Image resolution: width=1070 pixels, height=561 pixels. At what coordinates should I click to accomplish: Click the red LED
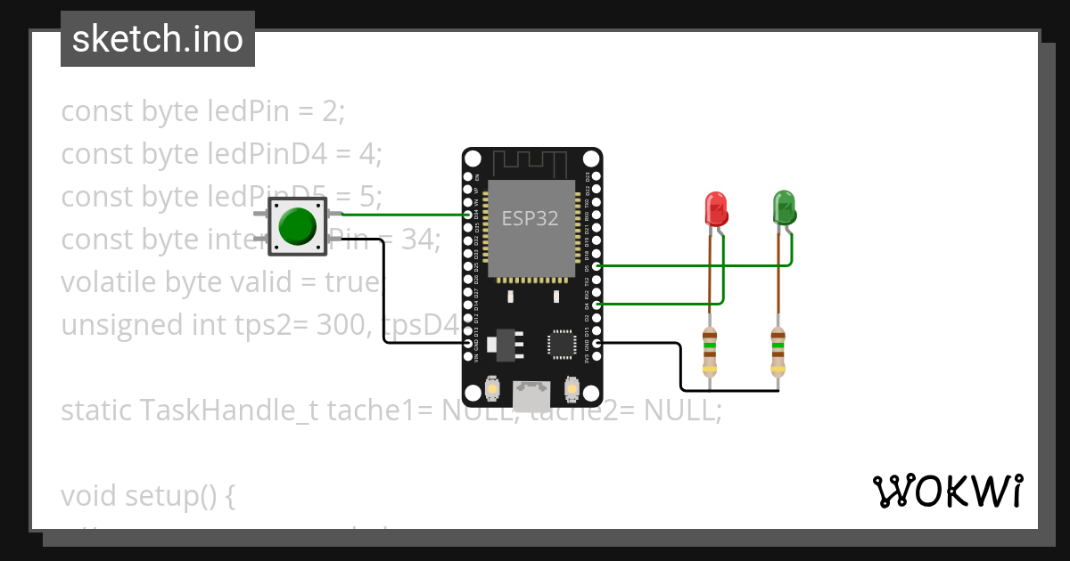click(716, 208)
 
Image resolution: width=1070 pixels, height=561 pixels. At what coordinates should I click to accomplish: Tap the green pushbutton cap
click(297, 226)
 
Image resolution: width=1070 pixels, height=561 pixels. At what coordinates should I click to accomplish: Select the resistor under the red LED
click(710, 350)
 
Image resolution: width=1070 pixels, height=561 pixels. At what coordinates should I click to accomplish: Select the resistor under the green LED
click(778, 350)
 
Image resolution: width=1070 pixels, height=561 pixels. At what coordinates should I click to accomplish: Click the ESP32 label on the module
click(530, 218)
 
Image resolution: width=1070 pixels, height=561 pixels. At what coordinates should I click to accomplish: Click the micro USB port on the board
click(532, 390)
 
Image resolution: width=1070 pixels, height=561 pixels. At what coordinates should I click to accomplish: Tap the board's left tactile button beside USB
click(493, 389)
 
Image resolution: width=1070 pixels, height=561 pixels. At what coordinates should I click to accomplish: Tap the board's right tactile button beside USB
click(572, 389)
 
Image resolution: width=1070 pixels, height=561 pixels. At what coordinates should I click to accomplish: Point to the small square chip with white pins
click(562, 344)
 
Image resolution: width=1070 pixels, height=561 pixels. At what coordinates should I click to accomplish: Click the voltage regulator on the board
click(506, 344)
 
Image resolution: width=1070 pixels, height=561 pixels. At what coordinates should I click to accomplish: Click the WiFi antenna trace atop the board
click(531, 163)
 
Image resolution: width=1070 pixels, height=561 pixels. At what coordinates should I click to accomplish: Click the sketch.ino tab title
click(157, 39)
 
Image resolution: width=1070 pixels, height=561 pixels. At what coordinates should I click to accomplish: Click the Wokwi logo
click(947, 491)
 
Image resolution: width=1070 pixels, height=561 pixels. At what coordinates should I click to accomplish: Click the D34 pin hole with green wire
click(468, 215)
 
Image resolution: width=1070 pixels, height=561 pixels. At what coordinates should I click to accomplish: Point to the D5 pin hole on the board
click(597, 265)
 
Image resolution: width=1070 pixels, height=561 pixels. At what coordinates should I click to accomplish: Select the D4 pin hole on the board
click(597, 305)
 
